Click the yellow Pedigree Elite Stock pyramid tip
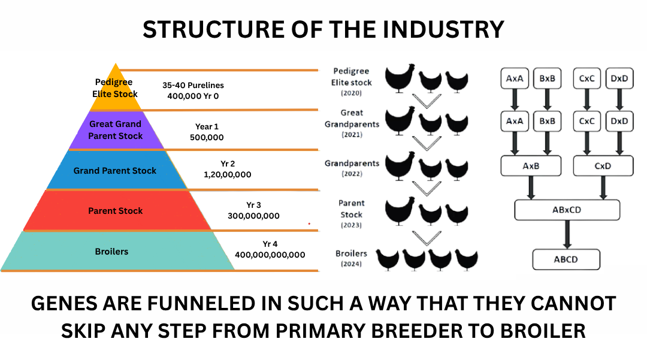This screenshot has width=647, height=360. coord(116,90)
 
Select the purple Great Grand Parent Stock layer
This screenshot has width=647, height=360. coord(116,130)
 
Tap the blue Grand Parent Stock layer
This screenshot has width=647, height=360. coord(115,170)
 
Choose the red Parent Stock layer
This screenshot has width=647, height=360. coord(116,211)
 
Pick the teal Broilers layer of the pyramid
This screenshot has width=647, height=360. coord(112,252)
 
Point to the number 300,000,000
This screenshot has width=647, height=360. coord(253,216)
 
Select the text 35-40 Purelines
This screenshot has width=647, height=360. coord(193,86)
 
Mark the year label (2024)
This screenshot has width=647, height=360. coord(351,264)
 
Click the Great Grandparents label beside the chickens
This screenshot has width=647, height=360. coord(352,119)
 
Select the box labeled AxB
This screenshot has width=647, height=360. coord(531,166)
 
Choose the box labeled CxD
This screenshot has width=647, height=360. coord(603,166)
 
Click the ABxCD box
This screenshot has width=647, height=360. coord(567,210)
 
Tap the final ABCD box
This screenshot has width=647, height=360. coord(566,259)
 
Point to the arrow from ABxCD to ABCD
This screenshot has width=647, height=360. coord(567,234)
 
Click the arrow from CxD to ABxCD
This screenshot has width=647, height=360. coord(602,187)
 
